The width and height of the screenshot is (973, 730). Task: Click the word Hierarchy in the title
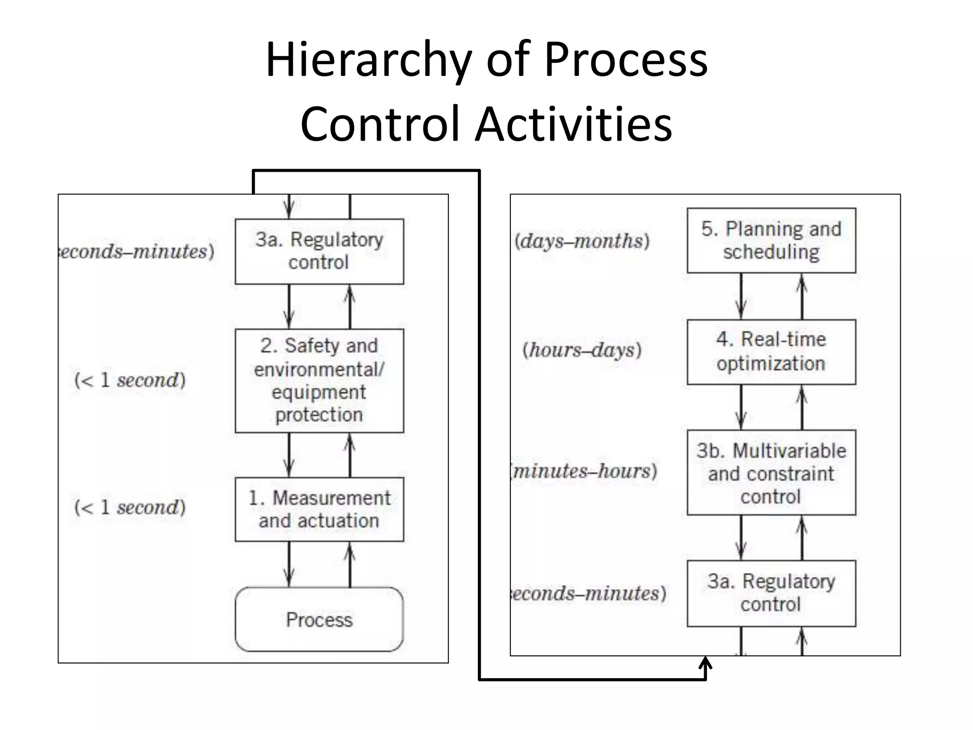(369, 60)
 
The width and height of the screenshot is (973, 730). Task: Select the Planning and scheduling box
(771, 240)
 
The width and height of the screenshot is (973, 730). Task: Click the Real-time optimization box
(771, 352)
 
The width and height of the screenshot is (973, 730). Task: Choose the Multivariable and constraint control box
(771, 473)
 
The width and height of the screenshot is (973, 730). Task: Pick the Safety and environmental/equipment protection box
(319, 380)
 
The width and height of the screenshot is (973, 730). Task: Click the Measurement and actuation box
(319, 509)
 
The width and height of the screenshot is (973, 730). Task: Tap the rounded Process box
(319, 619)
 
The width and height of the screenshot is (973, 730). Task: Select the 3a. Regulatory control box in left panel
(319, 251)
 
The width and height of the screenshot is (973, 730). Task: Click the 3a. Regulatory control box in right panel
(771, 593)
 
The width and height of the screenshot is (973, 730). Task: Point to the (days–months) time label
(582, 241)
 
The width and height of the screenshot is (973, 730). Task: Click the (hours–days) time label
(582, 350)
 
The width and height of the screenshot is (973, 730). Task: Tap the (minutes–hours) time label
(584, 471)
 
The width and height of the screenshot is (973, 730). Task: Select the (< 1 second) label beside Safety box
(130, 380)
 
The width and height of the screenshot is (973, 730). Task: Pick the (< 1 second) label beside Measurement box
(130, 508)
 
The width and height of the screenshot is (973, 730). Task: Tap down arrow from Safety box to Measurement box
(289, 455)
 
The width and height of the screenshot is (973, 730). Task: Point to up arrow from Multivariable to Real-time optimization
(802, 407)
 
